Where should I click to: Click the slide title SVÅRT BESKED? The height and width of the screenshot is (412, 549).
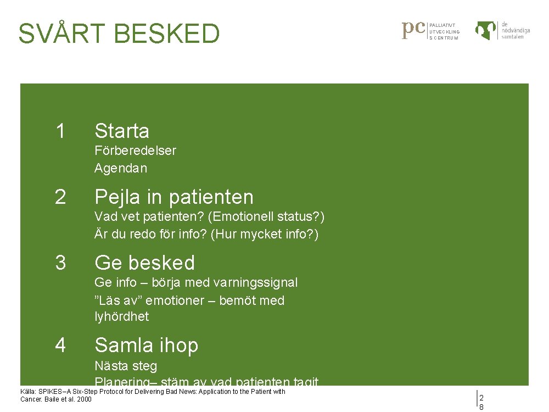point(119,34)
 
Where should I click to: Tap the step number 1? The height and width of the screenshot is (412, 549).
point(60,131)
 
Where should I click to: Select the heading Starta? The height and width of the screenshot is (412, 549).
point(121,131)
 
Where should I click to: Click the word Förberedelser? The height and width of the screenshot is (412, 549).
point(135,151)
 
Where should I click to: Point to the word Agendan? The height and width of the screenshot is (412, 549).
point(121,169)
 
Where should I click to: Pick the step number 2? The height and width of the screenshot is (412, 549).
point(60,197)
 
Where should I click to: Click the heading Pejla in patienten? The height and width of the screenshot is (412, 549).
point(173,197)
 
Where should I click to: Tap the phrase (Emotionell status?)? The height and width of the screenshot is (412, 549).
point(266,217)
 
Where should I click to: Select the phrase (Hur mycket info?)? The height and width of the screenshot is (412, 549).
point(265,235)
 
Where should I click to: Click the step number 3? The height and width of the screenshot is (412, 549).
point(60,263)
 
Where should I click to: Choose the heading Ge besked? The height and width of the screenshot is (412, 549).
point(144,263)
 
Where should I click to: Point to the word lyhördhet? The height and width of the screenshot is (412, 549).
point(121,316)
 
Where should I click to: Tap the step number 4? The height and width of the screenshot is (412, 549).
point(60,345)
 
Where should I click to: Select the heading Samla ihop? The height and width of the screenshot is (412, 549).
point(146,346)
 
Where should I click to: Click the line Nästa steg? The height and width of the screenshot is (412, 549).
point(126,366)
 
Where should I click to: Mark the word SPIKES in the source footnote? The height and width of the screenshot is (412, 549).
point(49,392)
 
